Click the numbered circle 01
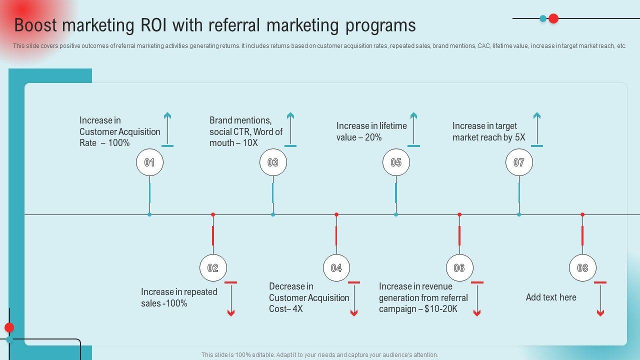click(149, 162)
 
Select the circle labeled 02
click(213, 268)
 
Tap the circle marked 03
click(273, 162)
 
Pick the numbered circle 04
click(336, 268)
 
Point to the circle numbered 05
click(396, 162)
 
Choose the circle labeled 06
click(459, 268)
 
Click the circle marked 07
click(519, 162)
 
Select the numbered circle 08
click(582, 268)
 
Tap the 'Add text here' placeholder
click(551, 297)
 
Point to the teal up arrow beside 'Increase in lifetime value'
click(413, 129)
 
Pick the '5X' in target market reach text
click(520, 137)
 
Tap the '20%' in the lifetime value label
click(373, 137)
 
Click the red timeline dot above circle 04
click(336, 214)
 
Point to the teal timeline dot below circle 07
click(519, 214)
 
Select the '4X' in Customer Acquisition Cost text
click(297, 309)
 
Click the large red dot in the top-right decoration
click(553, 18)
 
